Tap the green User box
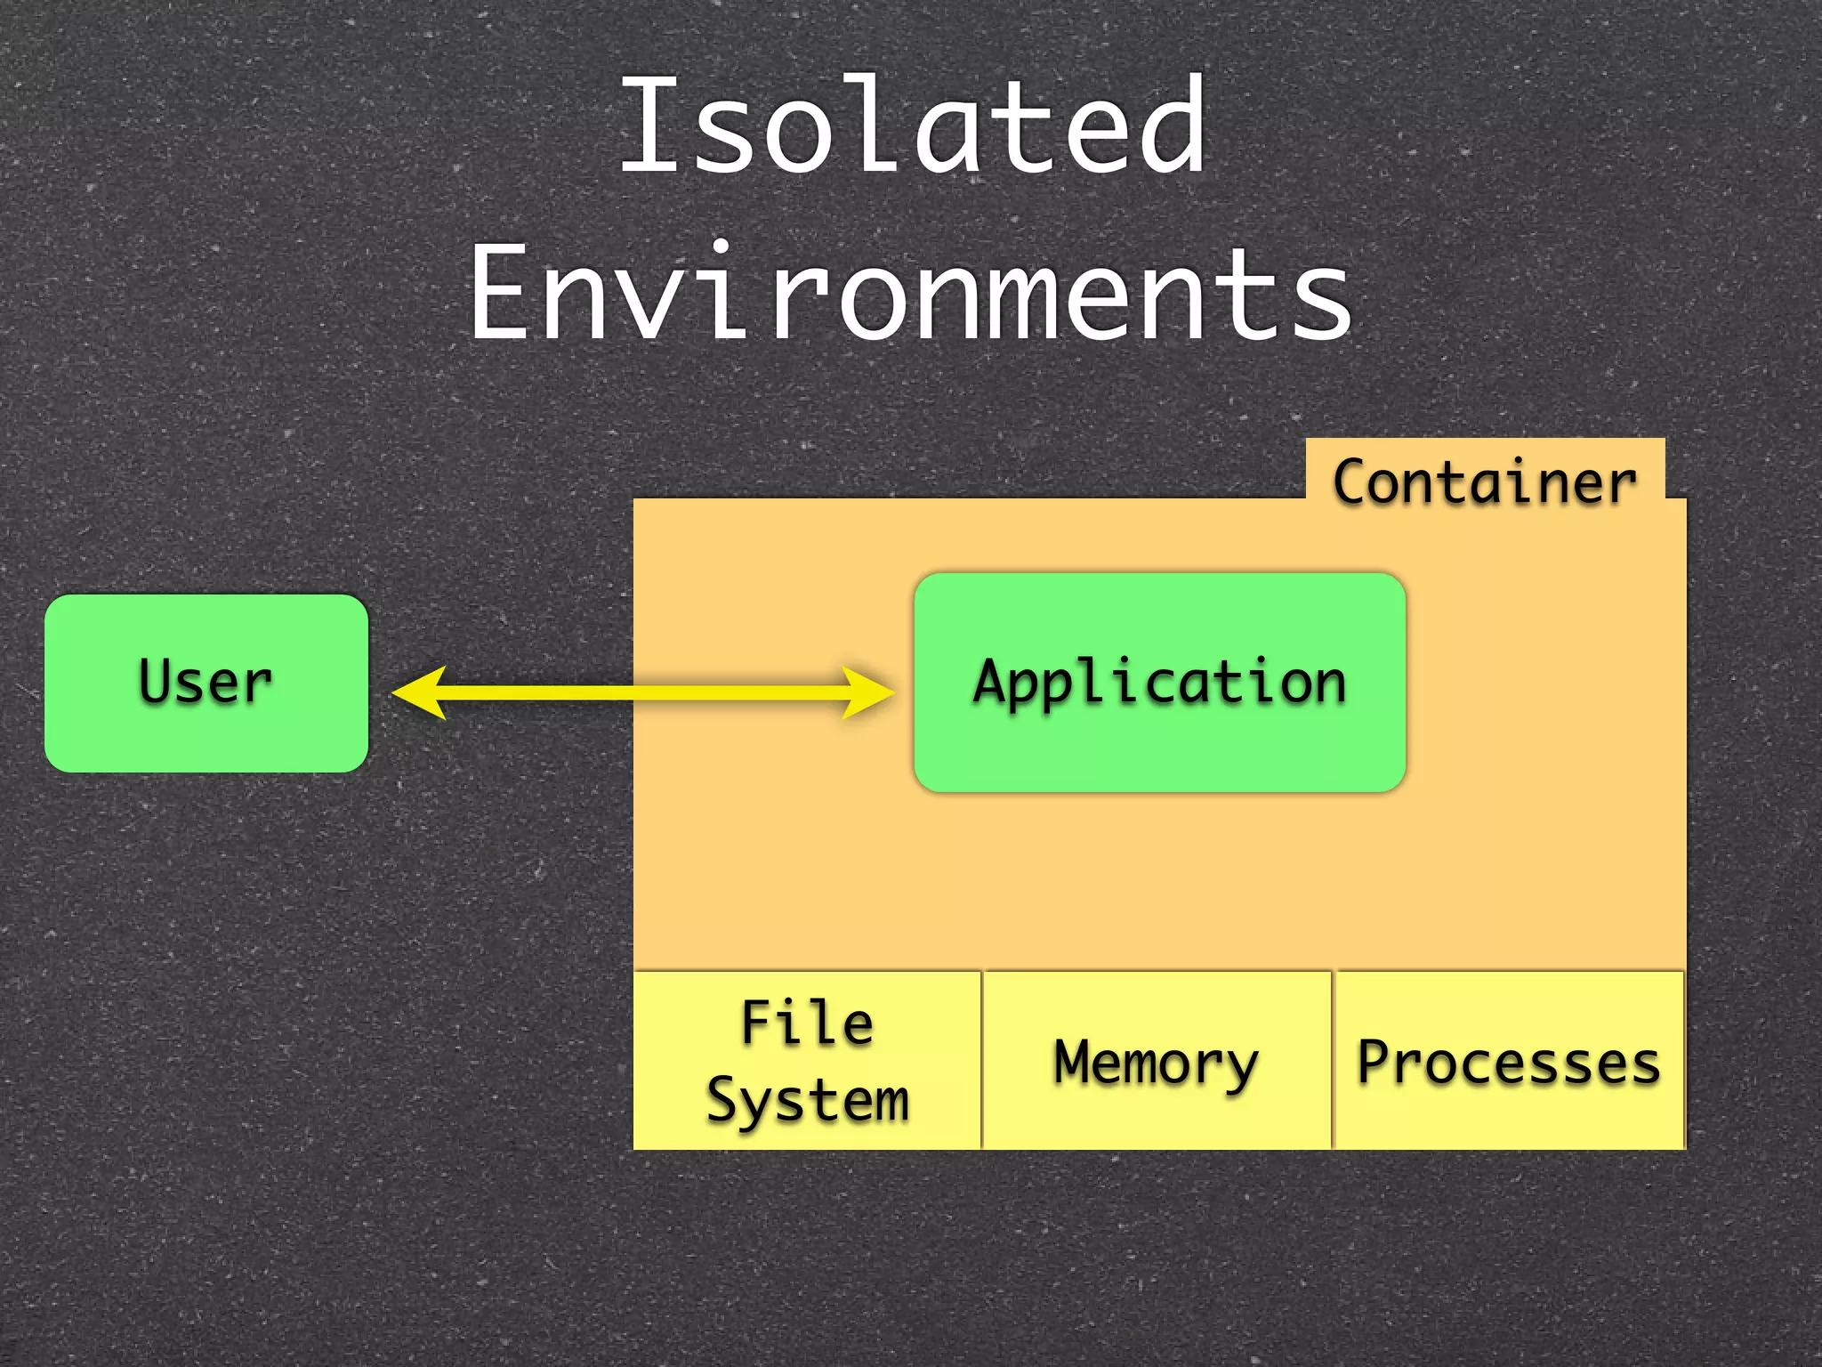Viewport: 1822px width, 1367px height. pyautogui.click(x=206, y=683)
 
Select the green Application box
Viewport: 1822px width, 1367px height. pyautogui.click(x=1159, y=683)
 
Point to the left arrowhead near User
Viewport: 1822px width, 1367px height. pyautogui.click(x=416, y=692)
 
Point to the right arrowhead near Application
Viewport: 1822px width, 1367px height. pyautogui.click(x=869, y=692)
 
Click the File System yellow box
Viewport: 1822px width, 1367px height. pyautogui.click(x=807, y=1060)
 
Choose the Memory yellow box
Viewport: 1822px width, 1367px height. pyautogui.click(x=1157, y=1060)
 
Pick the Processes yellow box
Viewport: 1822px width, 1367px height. pyautogui.click(x=1509, y=1060)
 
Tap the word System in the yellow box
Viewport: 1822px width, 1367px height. pyautogui.click(x=807, y=1100)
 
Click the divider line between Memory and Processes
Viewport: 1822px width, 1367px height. pyautogui.click(x=1333, y=1060)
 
